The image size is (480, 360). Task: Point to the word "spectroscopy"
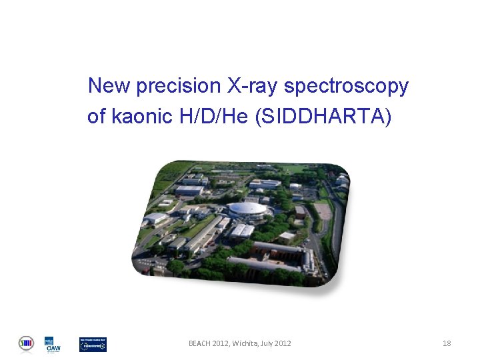click(346, 87)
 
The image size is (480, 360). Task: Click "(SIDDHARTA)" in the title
click(323, 117)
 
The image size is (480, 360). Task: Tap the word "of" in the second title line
click(96, 117)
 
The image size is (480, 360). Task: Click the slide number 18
click(447, 343)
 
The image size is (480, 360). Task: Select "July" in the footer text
click(268, 343)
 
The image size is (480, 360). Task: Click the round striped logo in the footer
click(26, 343)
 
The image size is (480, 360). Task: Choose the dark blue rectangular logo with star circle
click(93, 344)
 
